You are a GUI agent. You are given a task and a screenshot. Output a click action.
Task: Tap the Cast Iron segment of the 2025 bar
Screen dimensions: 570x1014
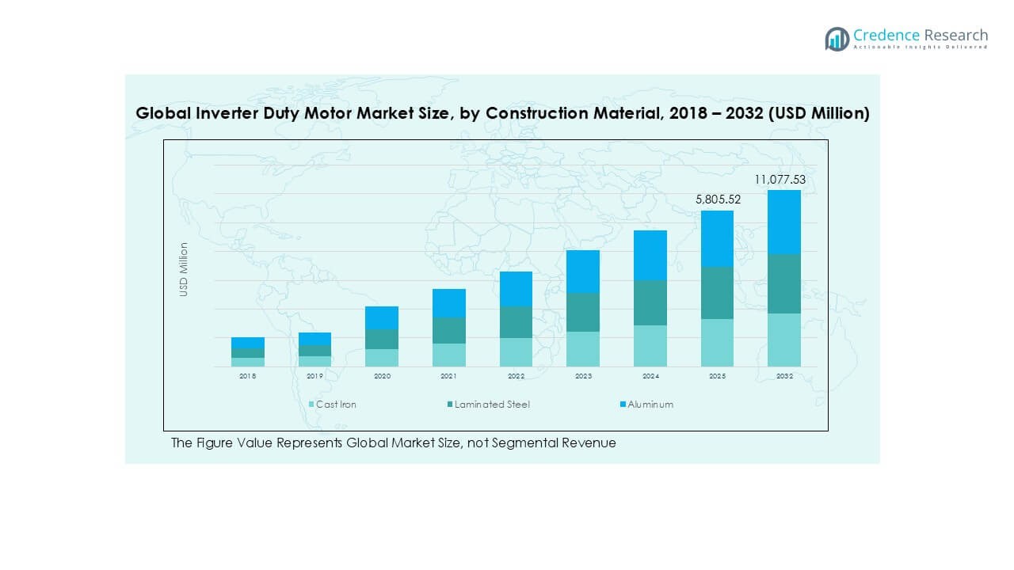point(717,343)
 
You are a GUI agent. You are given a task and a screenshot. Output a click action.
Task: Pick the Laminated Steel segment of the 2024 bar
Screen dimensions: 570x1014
point(650,302)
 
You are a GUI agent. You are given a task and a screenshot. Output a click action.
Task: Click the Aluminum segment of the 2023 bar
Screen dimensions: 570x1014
point(583,272)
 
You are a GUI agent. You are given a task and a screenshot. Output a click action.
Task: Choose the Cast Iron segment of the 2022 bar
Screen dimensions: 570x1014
point(516,352)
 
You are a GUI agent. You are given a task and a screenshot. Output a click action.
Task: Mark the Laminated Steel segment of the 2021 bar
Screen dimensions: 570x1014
point(448,330)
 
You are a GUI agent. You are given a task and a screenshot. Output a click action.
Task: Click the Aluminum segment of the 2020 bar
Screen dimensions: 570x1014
point(382,317)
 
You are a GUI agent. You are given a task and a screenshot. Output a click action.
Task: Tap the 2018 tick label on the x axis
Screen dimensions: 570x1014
point(248,377)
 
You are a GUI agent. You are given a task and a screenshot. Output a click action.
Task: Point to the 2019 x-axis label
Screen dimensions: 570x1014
point(314,377)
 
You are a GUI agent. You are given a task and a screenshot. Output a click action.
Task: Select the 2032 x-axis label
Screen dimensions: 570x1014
point(783,377)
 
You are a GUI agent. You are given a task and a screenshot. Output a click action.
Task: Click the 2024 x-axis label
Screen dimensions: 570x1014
point(650,377)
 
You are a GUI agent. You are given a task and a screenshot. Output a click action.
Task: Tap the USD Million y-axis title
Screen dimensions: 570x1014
point(184,269)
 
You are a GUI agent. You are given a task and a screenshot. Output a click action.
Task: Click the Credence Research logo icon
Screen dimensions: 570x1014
point(837,39)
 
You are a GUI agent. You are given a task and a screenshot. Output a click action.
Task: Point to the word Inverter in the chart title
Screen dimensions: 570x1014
point(230,113)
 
